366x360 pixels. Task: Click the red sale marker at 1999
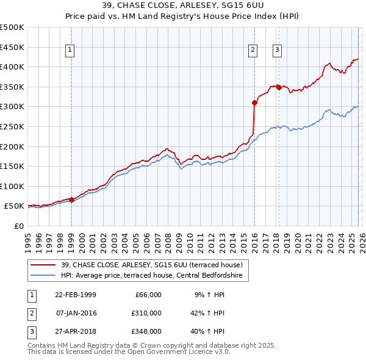point(71,200)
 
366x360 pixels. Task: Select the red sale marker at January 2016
point(254,103)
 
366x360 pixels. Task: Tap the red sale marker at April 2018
point(279,87)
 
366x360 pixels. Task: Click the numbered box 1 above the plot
point(71,51)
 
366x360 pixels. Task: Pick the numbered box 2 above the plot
point(253,51)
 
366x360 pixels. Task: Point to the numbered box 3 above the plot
point(278,51)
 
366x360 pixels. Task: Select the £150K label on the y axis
point(12,166)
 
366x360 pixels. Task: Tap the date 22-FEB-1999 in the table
point(76,295)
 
